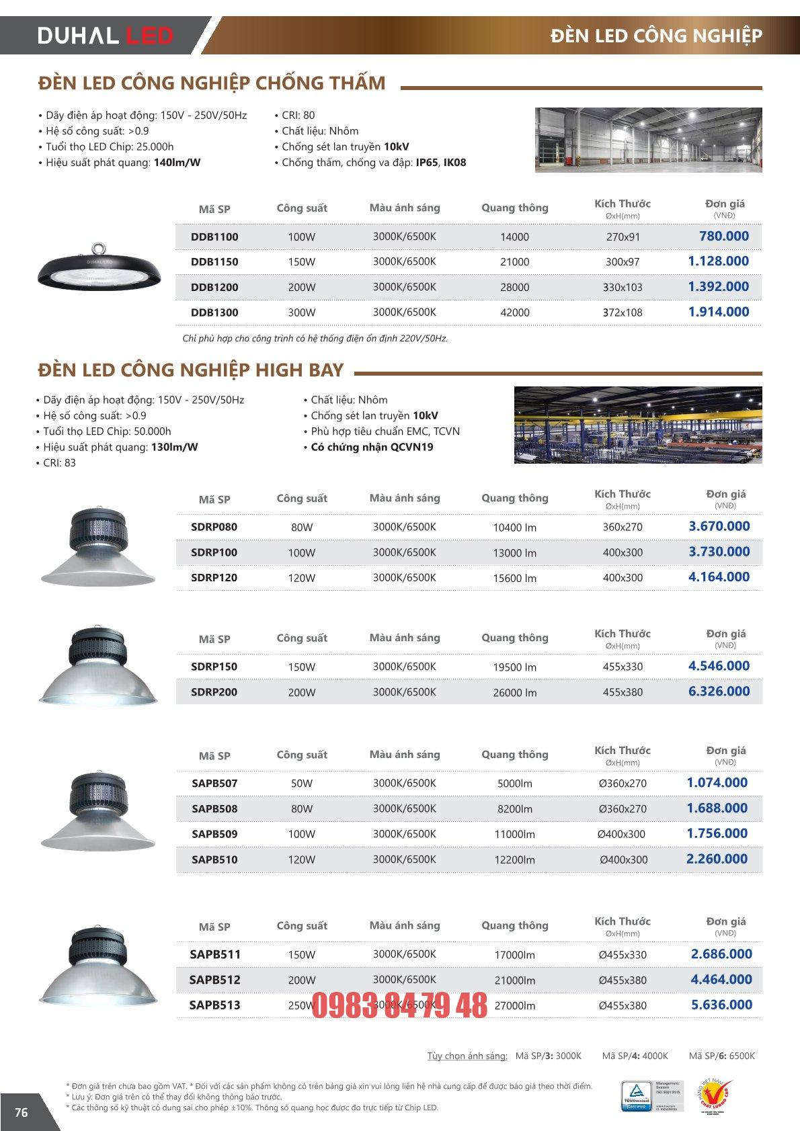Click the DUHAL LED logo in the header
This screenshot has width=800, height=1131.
coord(106,36)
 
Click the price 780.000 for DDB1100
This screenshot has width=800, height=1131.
coord(723,236)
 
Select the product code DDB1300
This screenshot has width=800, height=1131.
coord(214,312)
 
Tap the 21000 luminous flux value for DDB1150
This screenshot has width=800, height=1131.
coord(514,262)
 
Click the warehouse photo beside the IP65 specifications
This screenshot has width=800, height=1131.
coord(648,140)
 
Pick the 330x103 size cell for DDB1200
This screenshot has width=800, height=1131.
coord(623,288)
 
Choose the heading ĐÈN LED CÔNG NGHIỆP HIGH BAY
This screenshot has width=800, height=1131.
coord(191,370)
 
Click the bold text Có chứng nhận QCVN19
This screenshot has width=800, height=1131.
coord(372,448)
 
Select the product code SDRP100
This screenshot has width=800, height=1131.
coord(214,552)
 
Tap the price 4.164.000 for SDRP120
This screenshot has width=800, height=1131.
coord(719,577)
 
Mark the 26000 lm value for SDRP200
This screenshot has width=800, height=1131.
coord(514,693)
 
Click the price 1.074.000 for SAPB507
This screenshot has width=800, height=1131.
coord(717,783)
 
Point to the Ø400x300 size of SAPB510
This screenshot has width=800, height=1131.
coord(623,860)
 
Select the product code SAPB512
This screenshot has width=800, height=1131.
coord(214,980)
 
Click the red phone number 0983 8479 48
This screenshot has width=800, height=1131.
coord(399,1006)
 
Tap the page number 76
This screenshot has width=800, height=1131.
coord(22,1112)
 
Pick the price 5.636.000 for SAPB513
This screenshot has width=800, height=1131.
coord(721,1005)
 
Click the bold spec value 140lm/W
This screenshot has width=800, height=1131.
coord(177,163)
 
